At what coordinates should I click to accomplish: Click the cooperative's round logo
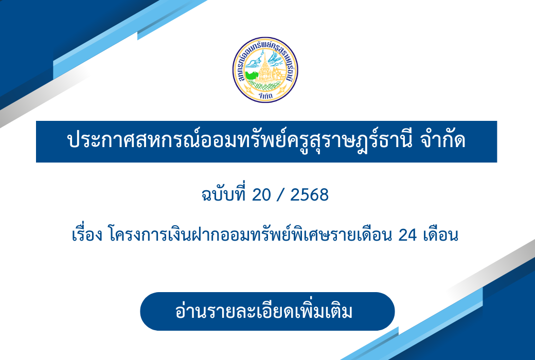tap(265, 69)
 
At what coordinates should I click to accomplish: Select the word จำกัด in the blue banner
tap(442, 140)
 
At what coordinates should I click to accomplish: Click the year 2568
tap(310, 195)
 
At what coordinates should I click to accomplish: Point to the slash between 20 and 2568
tap(281, 195)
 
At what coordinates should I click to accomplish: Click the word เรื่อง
tap(87, 234)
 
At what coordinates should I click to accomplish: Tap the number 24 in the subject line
tap(407, 235)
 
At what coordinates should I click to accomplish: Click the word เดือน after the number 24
tap(440, 235)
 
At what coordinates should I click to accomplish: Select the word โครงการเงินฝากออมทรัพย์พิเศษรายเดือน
tap(250, 234)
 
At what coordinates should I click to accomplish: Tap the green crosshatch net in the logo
tap(265, 84)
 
